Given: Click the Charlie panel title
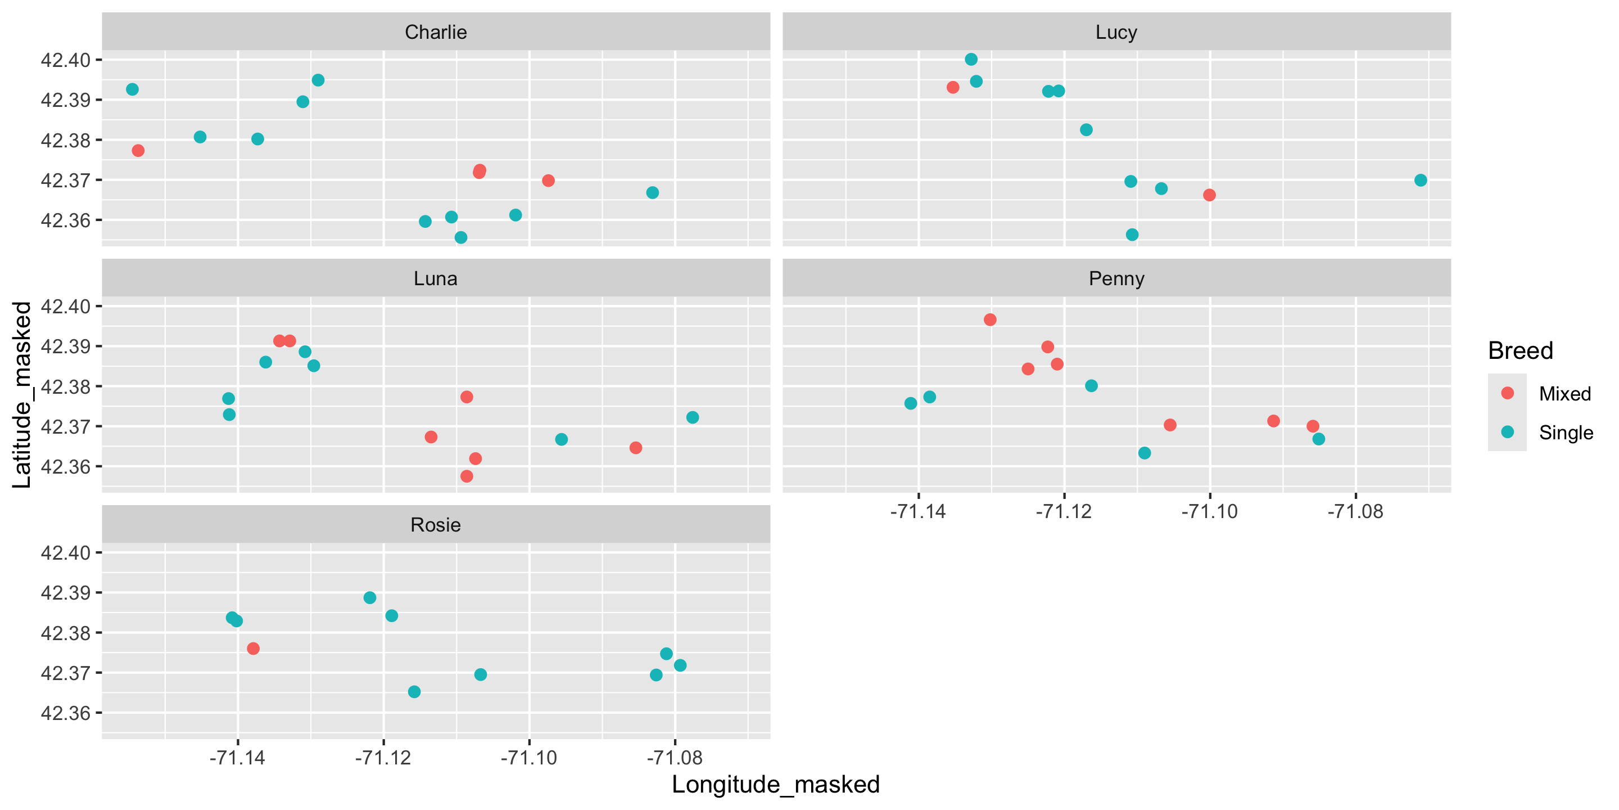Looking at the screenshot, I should coord(436,32).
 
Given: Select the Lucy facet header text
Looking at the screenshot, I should coord(1116,32).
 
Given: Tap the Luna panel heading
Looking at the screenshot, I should coord(436,278).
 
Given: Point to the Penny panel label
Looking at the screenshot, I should coord(1116,278).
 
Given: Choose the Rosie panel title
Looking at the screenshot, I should coord(436,525).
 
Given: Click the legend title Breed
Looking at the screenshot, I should coord(1520,351).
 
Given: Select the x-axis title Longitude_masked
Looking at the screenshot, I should coord(776,785).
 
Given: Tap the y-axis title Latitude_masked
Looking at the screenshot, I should coord(22,394).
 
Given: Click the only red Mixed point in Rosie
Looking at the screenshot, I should coord(254,649).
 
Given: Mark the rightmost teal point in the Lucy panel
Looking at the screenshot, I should coord(1421,181).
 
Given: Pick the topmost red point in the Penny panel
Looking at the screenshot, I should coord(990,319).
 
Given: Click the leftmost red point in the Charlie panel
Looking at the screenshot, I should coord(138,150).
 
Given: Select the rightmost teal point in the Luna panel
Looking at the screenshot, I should coord(693,417).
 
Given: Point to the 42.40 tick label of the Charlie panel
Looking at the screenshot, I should coord(65,60).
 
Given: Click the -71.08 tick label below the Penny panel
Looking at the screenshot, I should coord(1355,512).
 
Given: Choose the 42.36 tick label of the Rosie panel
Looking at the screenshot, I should coord(65,713).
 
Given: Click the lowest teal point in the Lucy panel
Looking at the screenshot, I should coord(1132,235).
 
